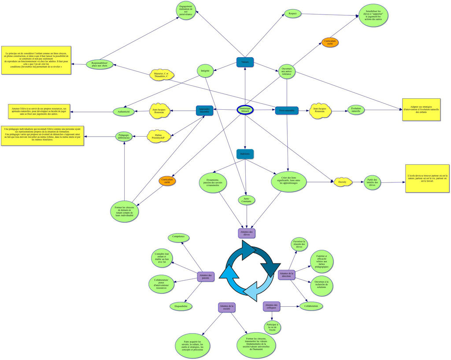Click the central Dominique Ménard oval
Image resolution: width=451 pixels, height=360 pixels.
click(x=245, y=110)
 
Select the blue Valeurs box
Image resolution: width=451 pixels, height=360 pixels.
click(x=245, y=62)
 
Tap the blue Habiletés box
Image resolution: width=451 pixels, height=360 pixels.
click(x=245, y=154)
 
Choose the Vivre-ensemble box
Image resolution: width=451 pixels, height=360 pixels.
click(x=287, y=111)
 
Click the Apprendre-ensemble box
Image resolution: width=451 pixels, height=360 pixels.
click(x=204, y=110)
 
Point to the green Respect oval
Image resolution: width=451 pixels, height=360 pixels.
click(x=292, y=14)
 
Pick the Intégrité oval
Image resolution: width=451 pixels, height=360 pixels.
click(x=205, y=71)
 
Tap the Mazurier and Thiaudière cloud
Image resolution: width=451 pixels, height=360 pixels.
click(x=161, y=75)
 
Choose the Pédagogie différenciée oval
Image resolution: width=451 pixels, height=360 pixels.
click(x=124, y=137)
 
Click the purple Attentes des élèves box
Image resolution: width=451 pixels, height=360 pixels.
click(x=247, y=233)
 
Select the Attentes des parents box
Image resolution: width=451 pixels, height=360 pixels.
click(x=206, y=277)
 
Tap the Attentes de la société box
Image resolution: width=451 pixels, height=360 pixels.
click(x=227, y=307)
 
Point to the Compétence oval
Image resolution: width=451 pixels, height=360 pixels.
click(x=178, y=238)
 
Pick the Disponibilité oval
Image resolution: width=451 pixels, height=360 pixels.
click(x=181, y=306)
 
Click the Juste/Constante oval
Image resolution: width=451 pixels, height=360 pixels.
click(x=247, y=200)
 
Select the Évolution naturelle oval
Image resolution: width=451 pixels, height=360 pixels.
click(x=356, y=110)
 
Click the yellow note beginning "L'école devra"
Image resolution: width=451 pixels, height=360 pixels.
click(x=427, y=178)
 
